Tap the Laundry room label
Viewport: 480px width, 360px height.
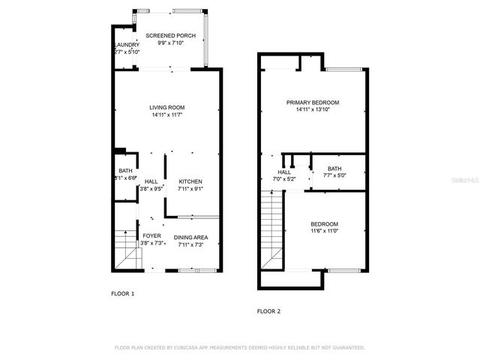click(127, 45)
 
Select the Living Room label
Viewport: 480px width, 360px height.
click(166, 107)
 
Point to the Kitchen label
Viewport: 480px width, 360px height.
click(190, 181)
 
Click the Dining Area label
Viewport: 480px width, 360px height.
click(190, 237)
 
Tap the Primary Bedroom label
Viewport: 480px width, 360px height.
click(313, 102)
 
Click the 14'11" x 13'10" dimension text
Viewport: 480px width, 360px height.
click(313, 109)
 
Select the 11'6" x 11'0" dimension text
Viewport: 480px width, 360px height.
click(324, 231)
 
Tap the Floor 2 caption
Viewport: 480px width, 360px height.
click(268, 310)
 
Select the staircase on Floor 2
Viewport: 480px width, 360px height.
click(272, 225)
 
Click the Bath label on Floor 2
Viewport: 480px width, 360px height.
click(334, 169)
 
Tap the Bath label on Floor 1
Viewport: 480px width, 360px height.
click(125, 171)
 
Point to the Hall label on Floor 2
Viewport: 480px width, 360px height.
click(284, 172)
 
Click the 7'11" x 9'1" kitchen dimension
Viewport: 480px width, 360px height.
click(190, 189)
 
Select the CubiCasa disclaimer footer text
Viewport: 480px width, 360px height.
click(239, 347)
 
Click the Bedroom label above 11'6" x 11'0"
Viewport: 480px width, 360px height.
click(324, 223)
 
